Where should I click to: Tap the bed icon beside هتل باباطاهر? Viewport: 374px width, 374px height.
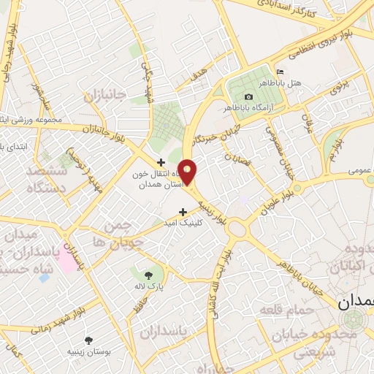coord(280,72)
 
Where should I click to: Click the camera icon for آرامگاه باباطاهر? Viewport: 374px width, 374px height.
coord(248,97)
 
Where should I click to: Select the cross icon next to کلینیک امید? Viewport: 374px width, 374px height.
coord(172,212)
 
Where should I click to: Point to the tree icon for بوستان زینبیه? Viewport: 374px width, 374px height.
coord(89,340)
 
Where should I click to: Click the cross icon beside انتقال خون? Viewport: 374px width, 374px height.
coord(161,161)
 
